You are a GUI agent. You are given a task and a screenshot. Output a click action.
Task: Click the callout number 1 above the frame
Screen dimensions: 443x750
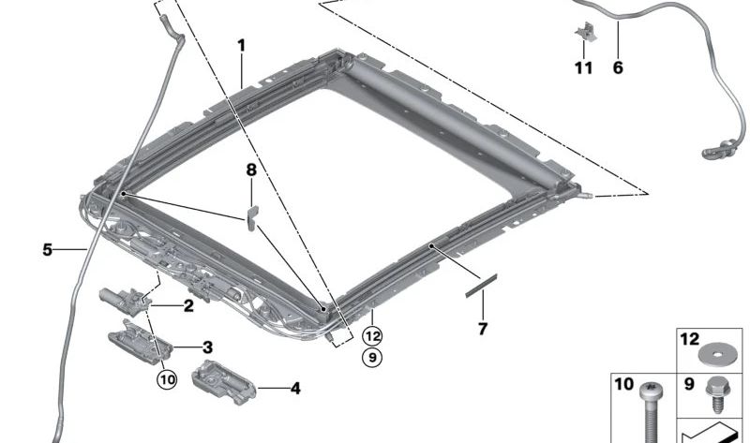coord(241,45)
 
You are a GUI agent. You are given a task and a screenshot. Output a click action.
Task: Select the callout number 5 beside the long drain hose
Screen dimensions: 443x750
coord(47,250)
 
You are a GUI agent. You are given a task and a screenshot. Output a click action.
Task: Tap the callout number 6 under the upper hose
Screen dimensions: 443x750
coord(618,67)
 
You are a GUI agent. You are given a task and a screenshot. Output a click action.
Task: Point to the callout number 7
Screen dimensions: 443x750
coord(483,329)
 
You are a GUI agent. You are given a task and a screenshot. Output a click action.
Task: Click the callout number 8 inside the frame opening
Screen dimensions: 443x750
coord(250,170)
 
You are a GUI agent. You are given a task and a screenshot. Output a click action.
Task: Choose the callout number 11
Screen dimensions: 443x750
coord(584,67)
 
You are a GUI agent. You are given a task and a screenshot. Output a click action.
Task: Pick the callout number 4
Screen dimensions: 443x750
coord(295,387)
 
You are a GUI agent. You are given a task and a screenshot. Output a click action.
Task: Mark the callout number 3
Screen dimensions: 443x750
coord(207,347)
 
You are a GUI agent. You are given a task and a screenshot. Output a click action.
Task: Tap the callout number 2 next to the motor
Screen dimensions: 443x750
coord(188,305)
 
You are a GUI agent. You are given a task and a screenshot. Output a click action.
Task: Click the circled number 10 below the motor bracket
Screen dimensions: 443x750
coord(167,379)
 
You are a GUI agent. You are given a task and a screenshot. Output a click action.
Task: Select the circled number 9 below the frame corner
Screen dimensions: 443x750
coord(373,356)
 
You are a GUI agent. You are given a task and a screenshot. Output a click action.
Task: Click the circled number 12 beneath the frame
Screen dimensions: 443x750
coord(373,334)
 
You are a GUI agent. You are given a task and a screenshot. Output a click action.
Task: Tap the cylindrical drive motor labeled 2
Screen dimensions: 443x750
coord(116,297)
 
